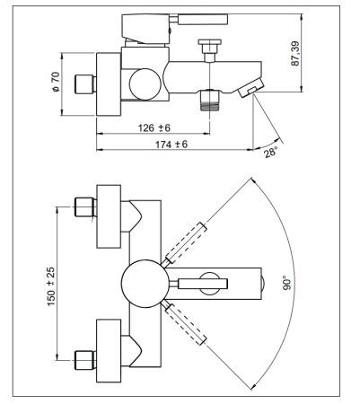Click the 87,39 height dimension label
295,54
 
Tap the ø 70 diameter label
56,82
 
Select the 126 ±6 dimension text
154,128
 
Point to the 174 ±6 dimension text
171,145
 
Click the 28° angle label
270,153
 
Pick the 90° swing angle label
286,283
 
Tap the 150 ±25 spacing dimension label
51,286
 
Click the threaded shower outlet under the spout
209,101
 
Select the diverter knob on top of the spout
209,50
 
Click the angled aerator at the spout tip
250,87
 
